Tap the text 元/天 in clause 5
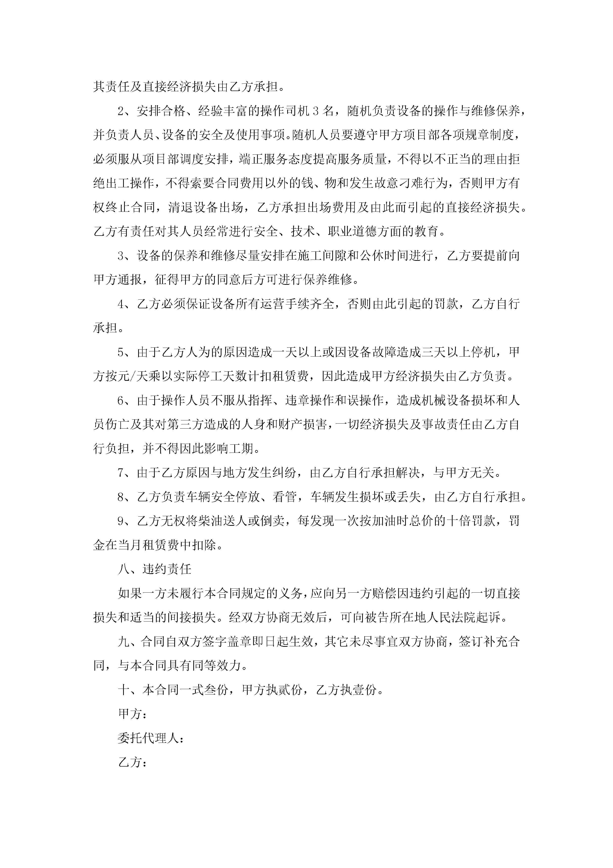point(133,376)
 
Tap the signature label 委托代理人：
point(151,738)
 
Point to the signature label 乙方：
point(132,762)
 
